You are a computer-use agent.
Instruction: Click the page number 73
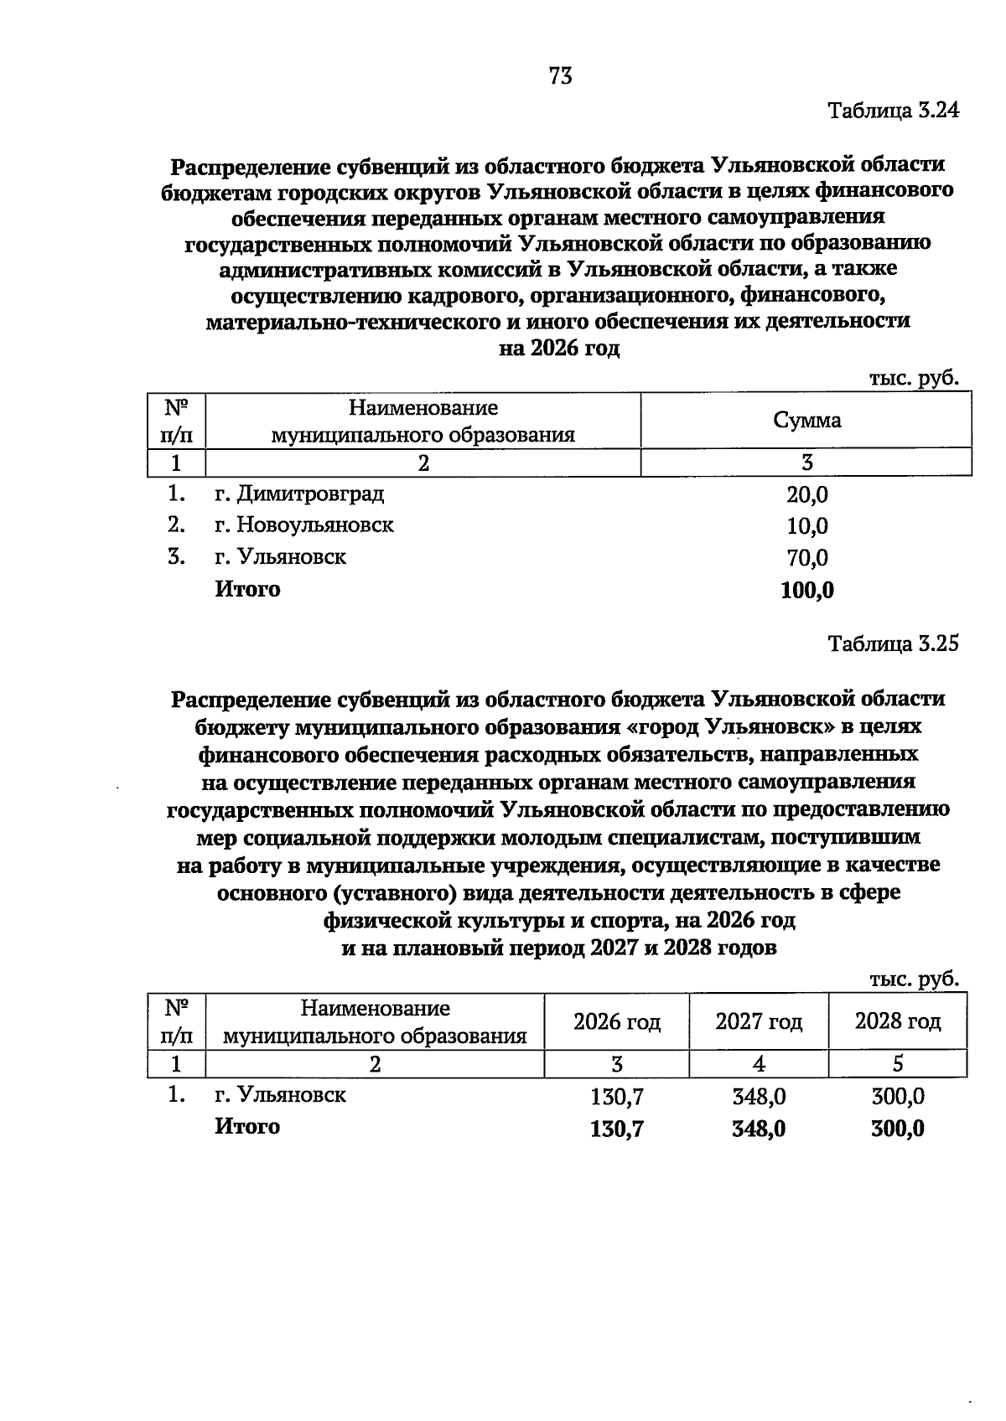[x=560, y=76]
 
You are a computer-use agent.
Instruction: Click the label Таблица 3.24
[x=892, y=111]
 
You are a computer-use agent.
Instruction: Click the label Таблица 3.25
[x=892, y=643]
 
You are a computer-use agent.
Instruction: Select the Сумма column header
[x=806, y=421]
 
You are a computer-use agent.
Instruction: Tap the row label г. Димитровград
[x=299, y=493]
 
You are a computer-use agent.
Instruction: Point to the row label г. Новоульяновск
[x=303, y=525]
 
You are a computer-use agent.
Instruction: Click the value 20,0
[x=806, y=495]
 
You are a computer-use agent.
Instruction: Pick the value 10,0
[x=806, y=527]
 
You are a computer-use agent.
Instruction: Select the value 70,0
[x=806, y=558]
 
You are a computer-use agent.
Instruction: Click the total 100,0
[x=806, y=591]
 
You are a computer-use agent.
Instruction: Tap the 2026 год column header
[x=616, y=1022]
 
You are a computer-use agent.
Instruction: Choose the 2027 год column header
[x=758, y=1022]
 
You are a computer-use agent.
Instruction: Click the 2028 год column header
[x=897, y=1021]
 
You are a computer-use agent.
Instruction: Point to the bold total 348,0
[x=758, y=1129]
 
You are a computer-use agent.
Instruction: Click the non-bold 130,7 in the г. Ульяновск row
[x=616, y=1097]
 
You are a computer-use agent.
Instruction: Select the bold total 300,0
[x=897, y=1129]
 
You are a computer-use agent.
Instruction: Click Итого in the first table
[x=247, y=589]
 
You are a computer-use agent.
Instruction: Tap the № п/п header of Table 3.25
[x=176, y=1021]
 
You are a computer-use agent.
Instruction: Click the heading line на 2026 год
[x=559, y=349]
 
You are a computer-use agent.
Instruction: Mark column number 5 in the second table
[x=897, y=1064]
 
